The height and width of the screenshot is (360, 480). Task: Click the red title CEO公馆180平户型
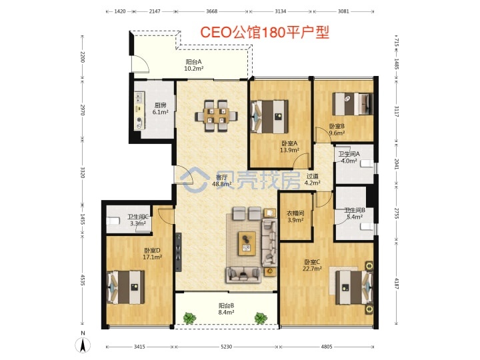(265, 33)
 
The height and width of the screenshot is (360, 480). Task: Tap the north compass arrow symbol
(83, 345)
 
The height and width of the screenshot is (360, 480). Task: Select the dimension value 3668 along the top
(211, 11)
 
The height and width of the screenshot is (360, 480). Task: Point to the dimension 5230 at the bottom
(226, 347)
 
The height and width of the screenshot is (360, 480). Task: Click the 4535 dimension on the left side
(83, 280)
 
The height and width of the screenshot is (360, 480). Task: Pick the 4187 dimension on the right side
(397, 283)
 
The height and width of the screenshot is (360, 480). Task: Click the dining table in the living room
(217, 116)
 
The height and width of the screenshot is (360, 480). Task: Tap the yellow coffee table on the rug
(247, 243)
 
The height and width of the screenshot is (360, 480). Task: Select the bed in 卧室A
(269, 117)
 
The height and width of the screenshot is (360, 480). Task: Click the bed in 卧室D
(125, 287)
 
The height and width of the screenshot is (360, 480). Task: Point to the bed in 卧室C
(354, 287)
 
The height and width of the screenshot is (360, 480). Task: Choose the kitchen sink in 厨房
(139, 97)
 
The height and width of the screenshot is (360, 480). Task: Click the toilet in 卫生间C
(113, 221)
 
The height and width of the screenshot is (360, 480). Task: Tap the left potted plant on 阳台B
(190, 318)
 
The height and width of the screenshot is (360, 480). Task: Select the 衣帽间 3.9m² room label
(295, 217)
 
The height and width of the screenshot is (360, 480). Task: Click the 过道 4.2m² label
(312, 180)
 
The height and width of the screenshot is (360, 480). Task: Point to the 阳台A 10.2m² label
(194, 65)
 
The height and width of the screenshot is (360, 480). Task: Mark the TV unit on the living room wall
(179, 251)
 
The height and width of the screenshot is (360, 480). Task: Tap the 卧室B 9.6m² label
(337, 129)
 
